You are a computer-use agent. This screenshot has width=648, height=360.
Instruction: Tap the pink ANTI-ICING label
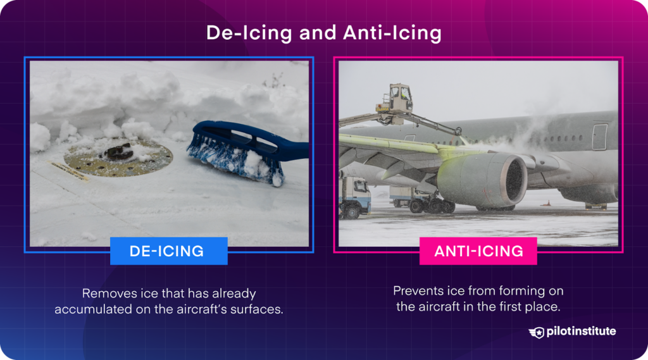[478, 251]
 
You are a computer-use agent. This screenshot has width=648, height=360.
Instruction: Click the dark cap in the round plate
[120, 151]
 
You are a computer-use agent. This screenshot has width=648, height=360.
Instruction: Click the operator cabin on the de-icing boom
[400, 98]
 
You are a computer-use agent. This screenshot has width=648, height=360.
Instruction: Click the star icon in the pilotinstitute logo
[537, 332]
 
